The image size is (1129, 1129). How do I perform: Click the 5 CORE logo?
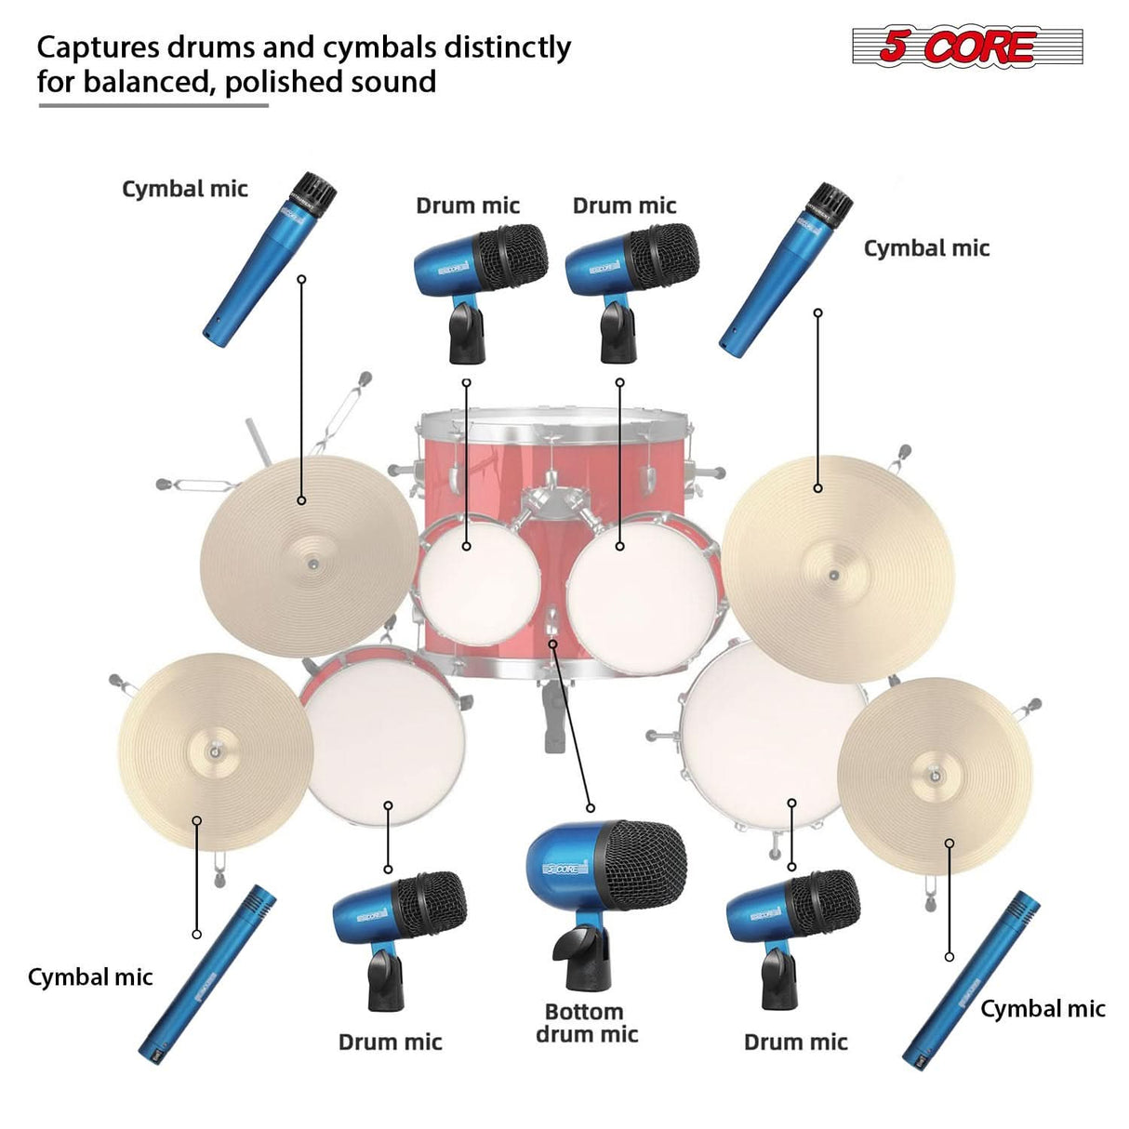point(967,46)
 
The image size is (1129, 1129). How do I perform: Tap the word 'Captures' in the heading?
point(97,46)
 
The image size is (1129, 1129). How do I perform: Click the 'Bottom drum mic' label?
point(587,1023)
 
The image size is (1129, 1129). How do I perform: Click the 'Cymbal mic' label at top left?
point(185,189)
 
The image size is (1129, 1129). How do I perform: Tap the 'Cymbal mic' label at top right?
point(926,248)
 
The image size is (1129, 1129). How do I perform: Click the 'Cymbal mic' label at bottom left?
point(90,977)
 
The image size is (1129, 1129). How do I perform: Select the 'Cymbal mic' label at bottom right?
point(1043,1009)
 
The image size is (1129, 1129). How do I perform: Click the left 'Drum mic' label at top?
point(468,206)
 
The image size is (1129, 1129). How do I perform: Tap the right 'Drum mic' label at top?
point(624,206)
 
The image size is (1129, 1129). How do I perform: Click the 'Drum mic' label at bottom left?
point(390,1043)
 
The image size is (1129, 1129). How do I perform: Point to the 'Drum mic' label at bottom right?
point(795,1043)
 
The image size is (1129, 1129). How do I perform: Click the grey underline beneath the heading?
point(153,105)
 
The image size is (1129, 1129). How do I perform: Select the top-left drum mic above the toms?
point(479,270)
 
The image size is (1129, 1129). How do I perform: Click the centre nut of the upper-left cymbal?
point(312,564)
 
